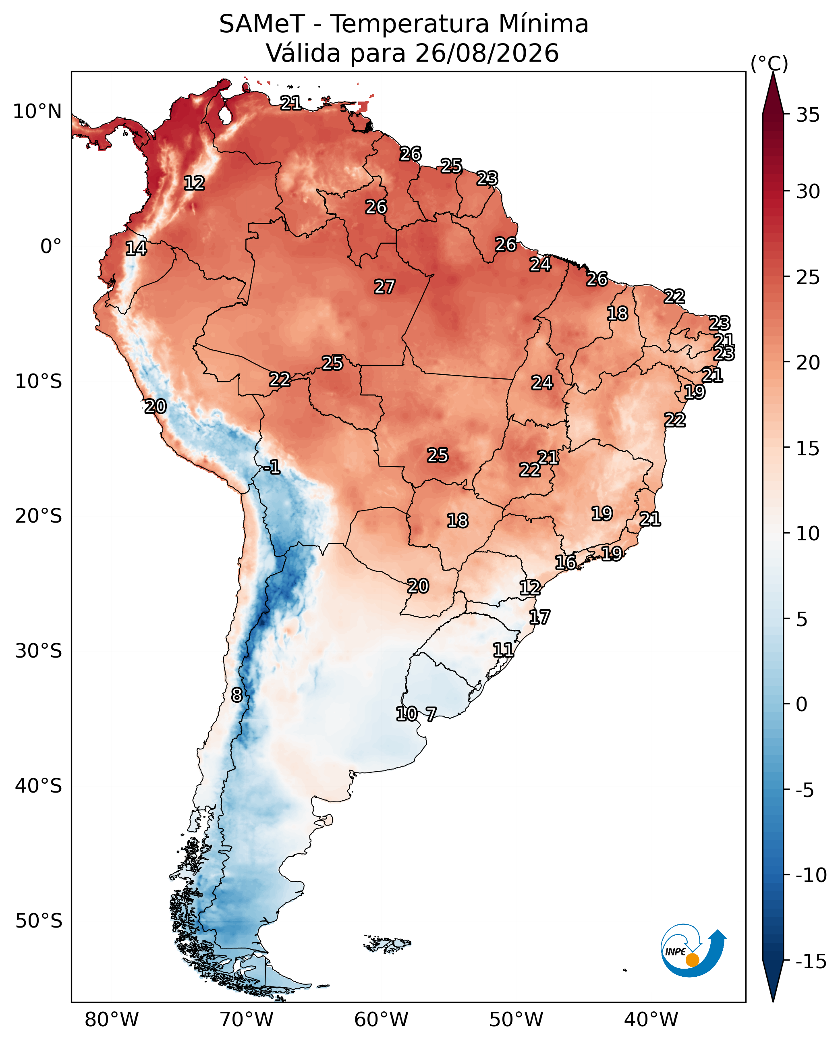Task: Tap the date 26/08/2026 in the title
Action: [487, 53]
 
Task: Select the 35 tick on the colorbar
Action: [808, 115]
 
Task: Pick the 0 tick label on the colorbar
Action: [802, 705]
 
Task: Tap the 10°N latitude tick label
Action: [37, 112]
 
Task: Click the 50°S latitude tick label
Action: [39, 921]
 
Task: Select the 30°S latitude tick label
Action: [39, 651]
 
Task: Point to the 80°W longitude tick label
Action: [112, 1019]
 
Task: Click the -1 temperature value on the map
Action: [272, 467]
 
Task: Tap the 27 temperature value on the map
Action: [385, 287]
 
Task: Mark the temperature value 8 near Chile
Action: [236, 695]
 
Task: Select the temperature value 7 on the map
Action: [431, 714]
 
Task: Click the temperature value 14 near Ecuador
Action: [136, 249]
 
